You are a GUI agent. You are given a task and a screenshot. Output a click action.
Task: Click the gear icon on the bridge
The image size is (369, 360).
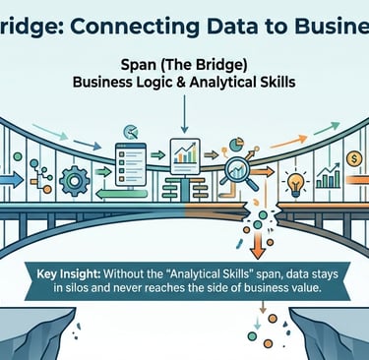(x=75, y=181)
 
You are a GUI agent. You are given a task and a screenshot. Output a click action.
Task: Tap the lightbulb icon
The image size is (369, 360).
(x=293, y=183)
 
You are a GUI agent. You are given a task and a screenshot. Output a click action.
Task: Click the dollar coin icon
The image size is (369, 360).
(x=351, y=157)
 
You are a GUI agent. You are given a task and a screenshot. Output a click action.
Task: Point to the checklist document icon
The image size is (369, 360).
(x=129, y=165)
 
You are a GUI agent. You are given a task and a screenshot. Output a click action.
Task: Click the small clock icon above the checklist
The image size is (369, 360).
(x=128, y=130)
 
